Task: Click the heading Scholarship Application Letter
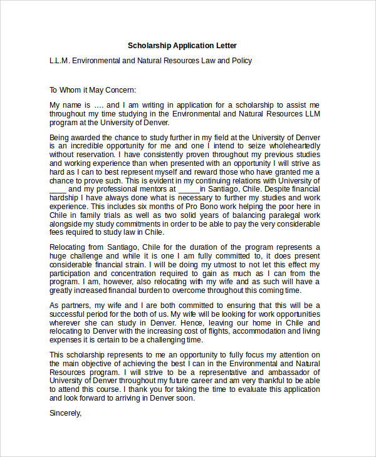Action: tap(182, 46)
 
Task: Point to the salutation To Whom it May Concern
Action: tap(93, 90)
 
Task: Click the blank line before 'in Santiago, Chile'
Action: tap(189, 188)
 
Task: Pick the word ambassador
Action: tap(280, 371)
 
